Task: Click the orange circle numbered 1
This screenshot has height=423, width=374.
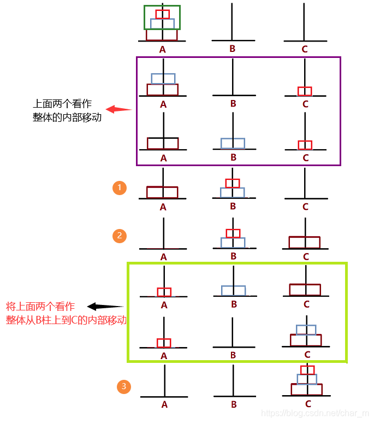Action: point(120,188)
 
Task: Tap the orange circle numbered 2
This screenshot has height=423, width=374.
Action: point(120,236)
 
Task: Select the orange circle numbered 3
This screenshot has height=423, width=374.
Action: point(124,387)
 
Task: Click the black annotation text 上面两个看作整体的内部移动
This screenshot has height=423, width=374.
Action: point(67,110)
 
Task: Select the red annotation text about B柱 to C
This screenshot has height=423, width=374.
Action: point(66,313)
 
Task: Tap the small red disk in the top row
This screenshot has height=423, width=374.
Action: point(162,14)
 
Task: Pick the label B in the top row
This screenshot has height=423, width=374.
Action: point(232,49)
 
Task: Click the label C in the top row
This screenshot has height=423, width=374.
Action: point(305,49)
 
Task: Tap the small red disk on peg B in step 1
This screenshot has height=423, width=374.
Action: point(233,183)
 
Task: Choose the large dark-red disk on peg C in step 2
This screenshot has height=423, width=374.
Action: point(304,242)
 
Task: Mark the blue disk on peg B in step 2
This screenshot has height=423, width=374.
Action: point(233,242)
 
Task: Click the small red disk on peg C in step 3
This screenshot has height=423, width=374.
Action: point(307,370)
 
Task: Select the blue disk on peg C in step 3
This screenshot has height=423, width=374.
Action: point(307,379)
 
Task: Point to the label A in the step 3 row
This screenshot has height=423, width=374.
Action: point(164,405)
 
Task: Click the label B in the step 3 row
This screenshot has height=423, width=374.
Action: point(234,405)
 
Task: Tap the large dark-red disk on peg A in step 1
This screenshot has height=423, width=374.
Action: point(162,192)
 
